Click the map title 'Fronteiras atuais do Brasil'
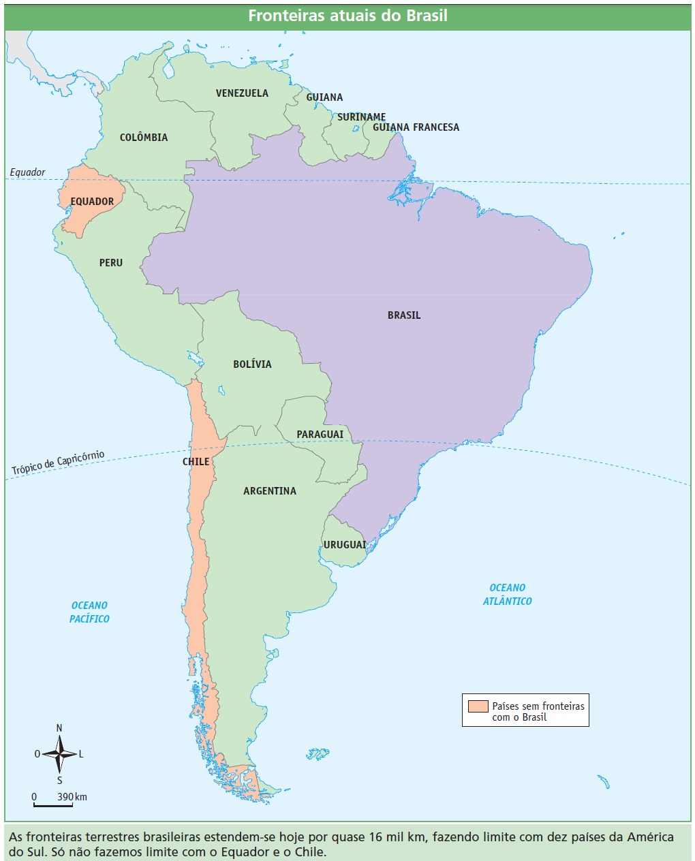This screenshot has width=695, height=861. click(x=347, y=16)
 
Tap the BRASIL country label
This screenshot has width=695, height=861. click(x=404, y=315)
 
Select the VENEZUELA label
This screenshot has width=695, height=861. click(x=242, y=93)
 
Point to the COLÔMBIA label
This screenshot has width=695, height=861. click(x=144, y=138)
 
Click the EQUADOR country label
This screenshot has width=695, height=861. click(x=93, y=202)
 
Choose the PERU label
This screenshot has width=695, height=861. click(x=111, y=263)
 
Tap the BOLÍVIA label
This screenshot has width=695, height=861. click(x=252, y=364)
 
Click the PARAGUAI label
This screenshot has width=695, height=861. click(x=320, y=435)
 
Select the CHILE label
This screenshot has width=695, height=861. click(x=196, y=462)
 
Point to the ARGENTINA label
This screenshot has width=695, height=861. click(x=270, y=491)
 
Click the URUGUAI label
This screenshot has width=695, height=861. click(x=345, y=545)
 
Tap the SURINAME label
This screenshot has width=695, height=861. click(x=361, y=117)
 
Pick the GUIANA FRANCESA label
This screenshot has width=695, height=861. click(x=416, y=127)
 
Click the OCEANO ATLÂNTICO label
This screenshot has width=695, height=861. click(x=508, y=595)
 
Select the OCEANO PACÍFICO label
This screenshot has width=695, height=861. click(x=89, y=612)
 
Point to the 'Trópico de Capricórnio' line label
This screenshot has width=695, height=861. click(x=58, y=463)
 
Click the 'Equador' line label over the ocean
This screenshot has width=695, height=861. click(x=28, y=172)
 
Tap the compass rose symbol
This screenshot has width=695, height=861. click(x=59, y=754)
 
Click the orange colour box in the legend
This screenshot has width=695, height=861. click(x=478, y=706)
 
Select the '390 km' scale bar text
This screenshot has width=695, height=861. click(x=72, y=797)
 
